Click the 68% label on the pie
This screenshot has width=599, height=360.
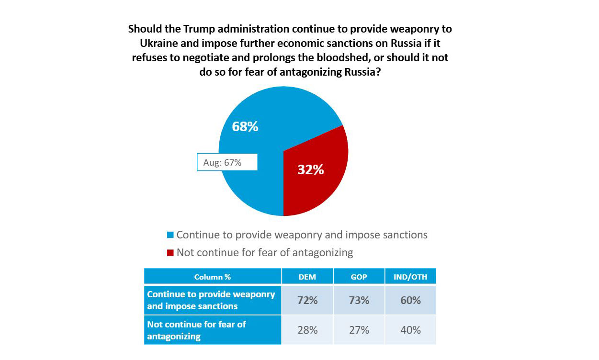[245, 127]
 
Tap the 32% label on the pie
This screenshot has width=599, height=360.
[311, 169]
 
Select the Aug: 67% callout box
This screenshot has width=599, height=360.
[227, 162]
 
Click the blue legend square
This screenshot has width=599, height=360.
[170, 235]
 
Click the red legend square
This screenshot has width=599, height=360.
[170, 253]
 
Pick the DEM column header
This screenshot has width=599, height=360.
[307, 277]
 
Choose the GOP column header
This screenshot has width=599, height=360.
[359, 277]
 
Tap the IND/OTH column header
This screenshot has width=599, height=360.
[410, 277]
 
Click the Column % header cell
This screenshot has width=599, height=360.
[213, 277]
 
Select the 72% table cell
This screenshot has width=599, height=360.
[307, 301]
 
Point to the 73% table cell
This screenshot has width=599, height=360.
[359, 301]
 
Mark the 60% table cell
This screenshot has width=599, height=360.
[410, 301]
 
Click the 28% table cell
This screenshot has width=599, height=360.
[307, 330]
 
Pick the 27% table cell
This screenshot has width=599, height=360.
[359, 330]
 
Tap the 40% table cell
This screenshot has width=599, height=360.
[410, 330]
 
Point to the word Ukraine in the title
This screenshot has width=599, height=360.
[157, 44]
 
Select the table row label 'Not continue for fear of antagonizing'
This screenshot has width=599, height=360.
[196, 330]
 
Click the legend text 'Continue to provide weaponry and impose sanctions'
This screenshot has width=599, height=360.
[302, 235]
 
